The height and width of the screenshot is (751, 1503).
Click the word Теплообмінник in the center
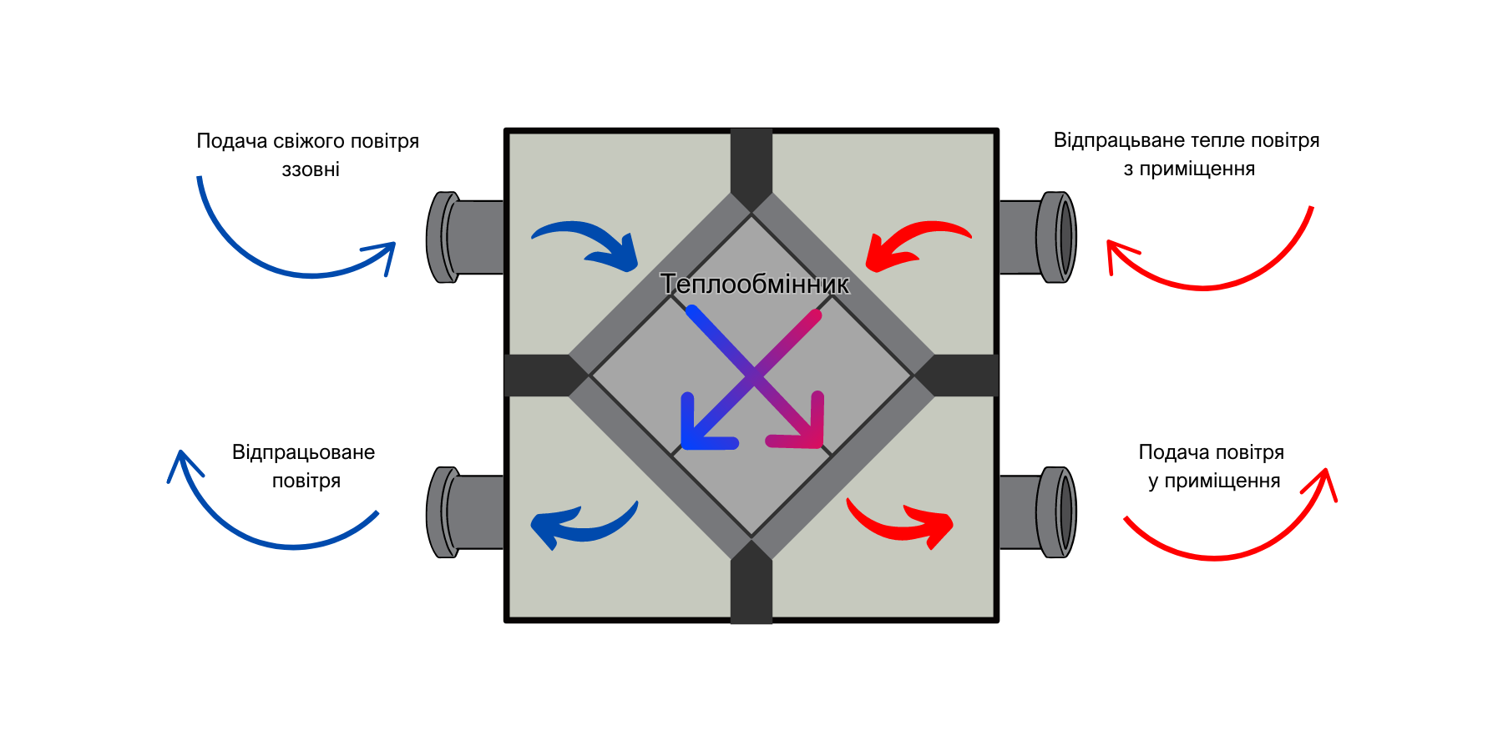click(x=755, y=285)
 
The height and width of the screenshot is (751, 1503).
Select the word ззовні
click(x=311, y=169)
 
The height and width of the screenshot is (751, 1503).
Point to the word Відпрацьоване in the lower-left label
click(x=303, y=452)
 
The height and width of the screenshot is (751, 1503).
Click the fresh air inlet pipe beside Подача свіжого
click(x=465, y=238)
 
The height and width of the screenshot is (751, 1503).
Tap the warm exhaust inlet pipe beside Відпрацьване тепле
click(x=1038, y=238)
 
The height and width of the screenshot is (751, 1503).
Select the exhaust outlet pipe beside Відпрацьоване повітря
click(x=465, y=512)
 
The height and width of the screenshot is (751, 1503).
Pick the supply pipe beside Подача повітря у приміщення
click(x=1038, y=512)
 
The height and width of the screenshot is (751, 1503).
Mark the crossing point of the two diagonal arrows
click(x=754, y=376)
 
